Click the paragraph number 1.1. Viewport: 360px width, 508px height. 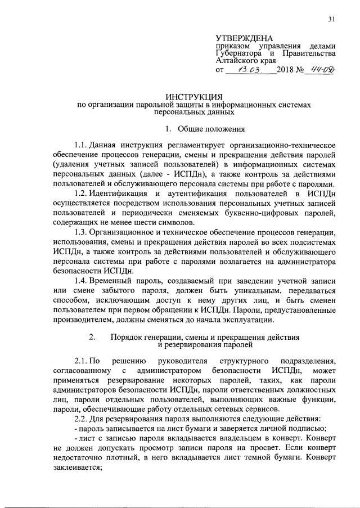[x=82, y=145]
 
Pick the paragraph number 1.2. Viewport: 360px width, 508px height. [x=82, y=194]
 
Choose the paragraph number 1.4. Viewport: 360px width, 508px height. [x=82, y=281]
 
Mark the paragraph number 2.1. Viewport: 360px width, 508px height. [x=82, y=360]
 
